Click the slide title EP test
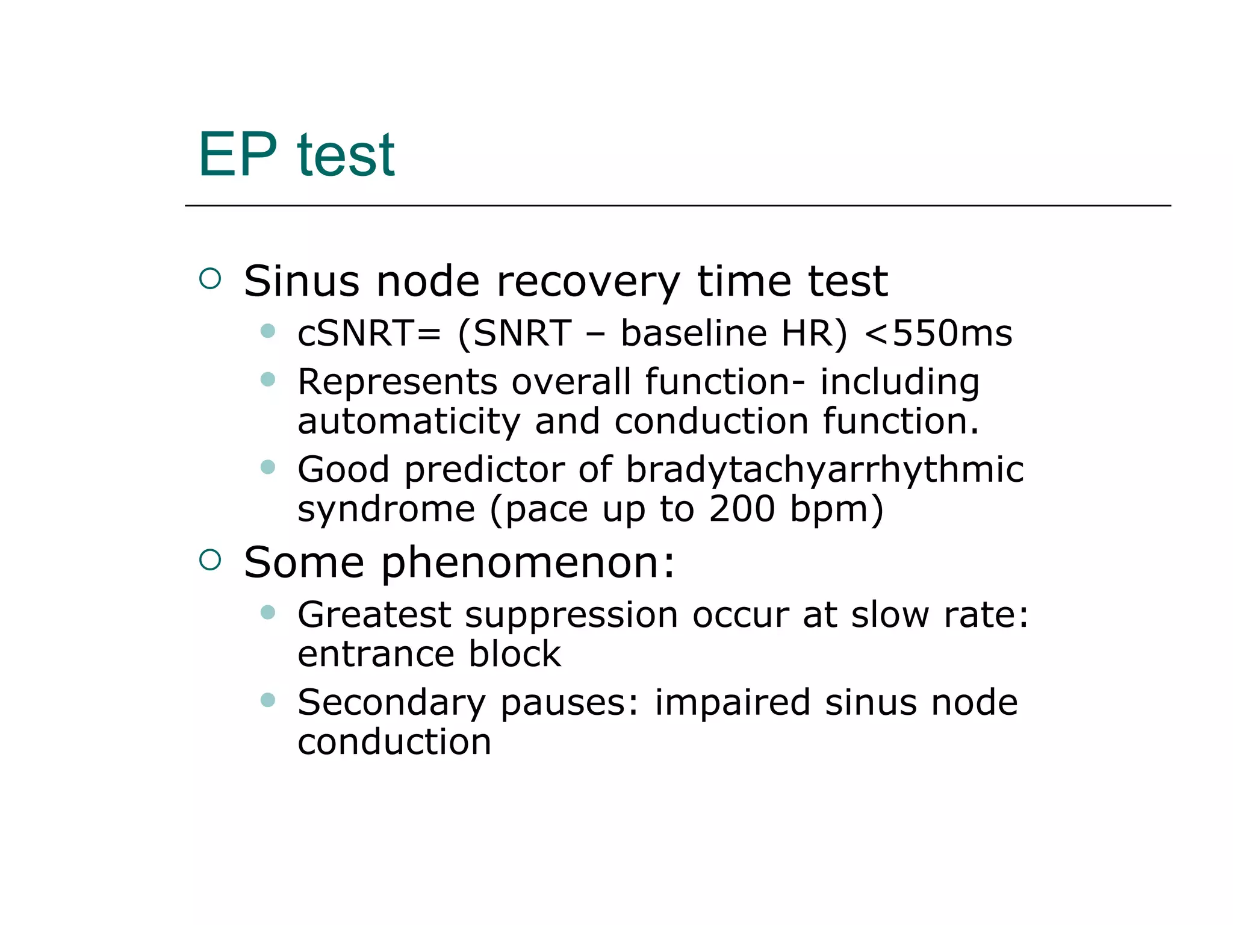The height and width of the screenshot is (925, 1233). pyautogui.click(x=296, y=155)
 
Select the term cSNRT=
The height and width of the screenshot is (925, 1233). pyautogui.click(x=369, y=333)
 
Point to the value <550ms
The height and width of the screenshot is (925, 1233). pyautogui.click(x=938, y=333)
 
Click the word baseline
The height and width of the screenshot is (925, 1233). pyautogui.click(x=694, y=333)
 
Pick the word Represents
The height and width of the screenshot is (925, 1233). pyautogui.click(x=397, y=382)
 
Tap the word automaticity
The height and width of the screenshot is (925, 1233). pyautogui.click(x=409, y=421)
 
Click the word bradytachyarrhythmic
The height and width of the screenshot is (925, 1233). pyautogui.click(x=824, y=470)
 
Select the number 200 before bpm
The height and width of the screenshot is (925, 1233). pyautogui.click(x=742, y=509)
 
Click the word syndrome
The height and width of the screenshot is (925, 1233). pyautogui.click(x=386, y=509)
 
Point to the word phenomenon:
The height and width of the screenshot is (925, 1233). pyautogui.click(x=528, y=562)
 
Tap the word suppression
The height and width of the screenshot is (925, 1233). pyautogui.click(x=571, y=615)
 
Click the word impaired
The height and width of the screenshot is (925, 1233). pyautogui.click(x=732, y=703)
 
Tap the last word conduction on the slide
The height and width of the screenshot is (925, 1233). pyautogui.click(x=394, y=742)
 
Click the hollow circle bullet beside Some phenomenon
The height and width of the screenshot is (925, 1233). pyautogui.click(x=210, y=560)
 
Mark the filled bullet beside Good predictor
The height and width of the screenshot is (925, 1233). pyautogui.click(x=268, y=467)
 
